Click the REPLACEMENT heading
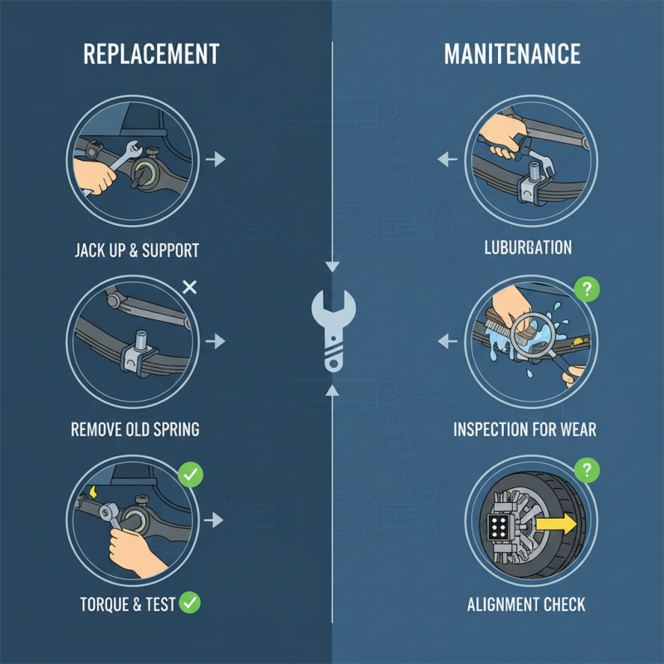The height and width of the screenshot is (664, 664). point(151,55)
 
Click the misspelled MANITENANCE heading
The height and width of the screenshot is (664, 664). point(512,55)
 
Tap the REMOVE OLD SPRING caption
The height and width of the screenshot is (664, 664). point(135,430)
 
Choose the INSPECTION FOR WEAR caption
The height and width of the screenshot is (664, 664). point(525,430)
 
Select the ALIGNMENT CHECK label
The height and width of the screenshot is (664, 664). point(526,603)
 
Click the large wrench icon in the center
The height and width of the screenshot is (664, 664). point(332,327)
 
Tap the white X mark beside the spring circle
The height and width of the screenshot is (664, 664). point(189,288)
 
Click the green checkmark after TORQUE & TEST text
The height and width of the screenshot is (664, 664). point(191,603)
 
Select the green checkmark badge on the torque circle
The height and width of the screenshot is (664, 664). point(191,475)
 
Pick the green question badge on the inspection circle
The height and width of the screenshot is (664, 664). point(587,290)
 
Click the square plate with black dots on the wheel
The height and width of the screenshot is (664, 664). point(498,527)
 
